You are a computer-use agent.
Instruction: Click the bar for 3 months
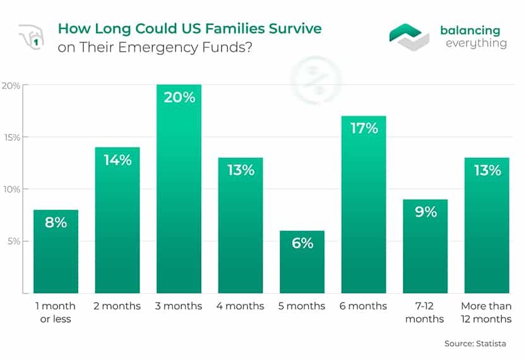tap(179, 189)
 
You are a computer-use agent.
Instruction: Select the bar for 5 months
tap(302, 262)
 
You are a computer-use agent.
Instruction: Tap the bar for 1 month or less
tap(56, 252)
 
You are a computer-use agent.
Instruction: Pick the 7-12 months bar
tap(425, 246)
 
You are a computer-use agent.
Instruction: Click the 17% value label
tap(364, 128)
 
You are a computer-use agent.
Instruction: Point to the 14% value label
tap(117, 160)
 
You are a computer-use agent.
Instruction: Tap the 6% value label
tap(302, 243)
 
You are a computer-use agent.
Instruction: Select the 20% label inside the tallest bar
tap(179, 97)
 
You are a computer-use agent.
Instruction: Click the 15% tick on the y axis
tap(13, 138)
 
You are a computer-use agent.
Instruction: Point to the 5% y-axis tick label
tap(14, 241)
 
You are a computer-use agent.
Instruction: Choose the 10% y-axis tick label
tap(12, 189)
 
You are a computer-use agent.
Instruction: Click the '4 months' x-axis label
tap(241, 306)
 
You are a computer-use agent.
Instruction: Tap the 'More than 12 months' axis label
tap(486, 312)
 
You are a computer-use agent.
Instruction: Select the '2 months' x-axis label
tap(117, 306)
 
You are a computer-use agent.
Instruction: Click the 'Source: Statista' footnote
tap(475, 344)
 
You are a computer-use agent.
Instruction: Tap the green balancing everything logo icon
tap(408, 37)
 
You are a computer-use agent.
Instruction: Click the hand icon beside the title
tap(31, 37)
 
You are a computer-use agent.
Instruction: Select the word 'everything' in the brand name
tap(476, 44)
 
